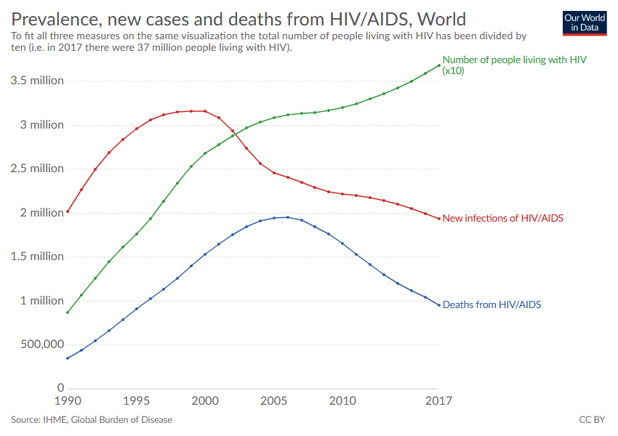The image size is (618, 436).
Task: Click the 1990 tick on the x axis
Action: pyautogui.click(x=68, y=401)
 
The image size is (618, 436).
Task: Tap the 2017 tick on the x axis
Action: pyautogui.click(x=438, y=401)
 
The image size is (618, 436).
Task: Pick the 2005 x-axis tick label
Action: pyautogui.click(x=274, y=401)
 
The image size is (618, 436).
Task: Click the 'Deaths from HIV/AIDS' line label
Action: pyautogui.click(x=491, y=305)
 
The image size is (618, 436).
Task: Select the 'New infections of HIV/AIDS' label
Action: pyautogui.click(x=503, y=218)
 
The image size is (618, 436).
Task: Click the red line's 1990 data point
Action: pyautogui.click(x=68, y=211)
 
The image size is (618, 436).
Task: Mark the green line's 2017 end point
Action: pyautogui.click(x=439, y=65)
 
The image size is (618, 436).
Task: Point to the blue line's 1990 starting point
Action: pyautogui.click(x=68, y=358)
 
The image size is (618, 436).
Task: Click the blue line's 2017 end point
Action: pyautogui.click(x=439, y=304)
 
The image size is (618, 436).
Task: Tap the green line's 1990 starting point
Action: pyautogui.click(x=68, y=312)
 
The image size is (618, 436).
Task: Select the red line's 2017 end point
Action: pyautogui.click(x=439, y=219)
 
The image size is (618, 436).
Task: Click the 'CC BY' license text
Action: pyautogui.click(x=592, y=420)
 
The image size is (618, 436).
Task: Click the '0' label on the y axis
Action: pyautogui.click(x=60, y=388)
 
